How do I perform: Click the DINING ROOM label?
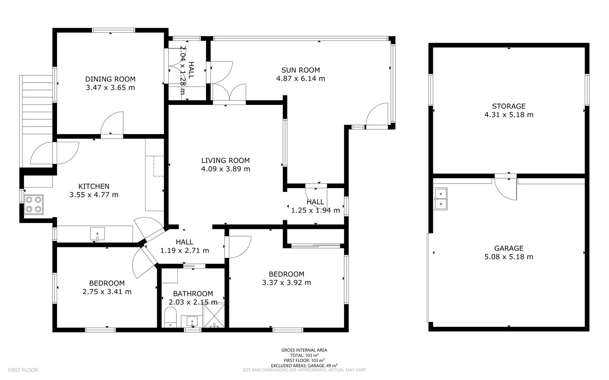[110, 79]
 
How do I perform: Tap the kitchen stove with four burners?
[34, 204]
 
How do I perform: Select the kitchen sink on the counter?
[97, 234]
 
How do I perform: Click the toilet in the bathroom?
[170, 317]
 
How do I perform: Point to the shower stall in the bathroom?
[213, 316]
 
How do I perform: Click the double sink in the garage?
[440, 199]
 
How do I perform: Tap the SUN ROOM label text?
[300, 70]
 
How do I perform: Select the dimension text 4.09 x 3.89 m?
[225, 169]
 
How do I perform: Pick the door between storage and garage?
[506, 188]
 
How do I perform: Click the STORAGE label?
[509, 106]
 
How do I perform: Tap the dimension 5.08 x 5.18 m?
[509, 257]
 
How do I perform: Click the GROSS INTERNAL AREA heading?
[304, 350]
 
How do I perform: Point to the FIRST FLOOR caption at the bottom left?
[23, 370]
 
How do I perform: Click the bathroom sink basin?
[192, 321]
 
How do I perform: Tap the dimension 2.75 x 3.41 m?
[107, 292]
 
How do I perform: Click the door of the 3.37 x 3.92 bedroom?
[239, 246]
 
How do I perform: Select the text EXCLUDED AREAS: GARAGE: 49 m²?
[304, 366]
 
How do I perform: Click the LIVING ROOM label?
[225, 160]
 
